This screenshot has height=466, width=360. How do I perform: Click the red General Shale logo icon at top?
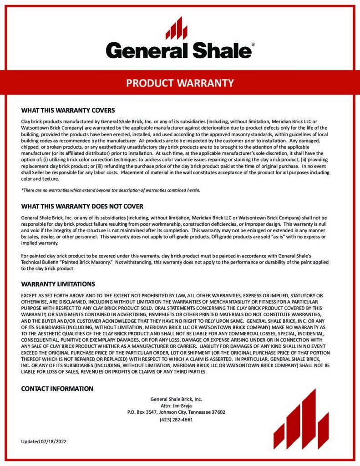pos(176,28)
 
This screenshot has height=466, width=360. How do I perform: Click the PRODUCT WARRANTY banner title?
pos(180,83)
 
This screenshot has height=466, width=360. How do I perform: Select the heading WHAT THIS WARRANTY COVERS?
pos(68,111)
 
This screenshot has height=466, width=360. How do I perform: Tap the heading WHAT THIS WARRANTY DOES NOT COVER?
pos(82,206)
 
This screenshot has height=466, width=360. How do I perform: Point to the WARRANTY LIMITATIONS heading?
pos(58,284)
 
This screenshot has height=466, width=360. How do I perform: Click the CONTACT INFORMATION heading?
pos(57,389)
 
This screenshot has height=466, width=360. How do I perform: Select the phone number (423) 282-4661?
pos(176,420)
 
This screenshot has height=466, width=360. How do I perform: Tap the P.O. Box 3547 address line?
pos(176,412)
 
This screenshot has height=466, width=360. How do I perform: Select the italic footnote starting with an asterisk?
pos(111,190)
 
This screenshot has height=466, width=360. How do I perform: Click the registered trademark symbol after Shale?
pos(253,45)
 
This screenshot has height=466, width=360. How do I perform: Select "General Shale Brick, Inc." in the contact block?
pos(176,399)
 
